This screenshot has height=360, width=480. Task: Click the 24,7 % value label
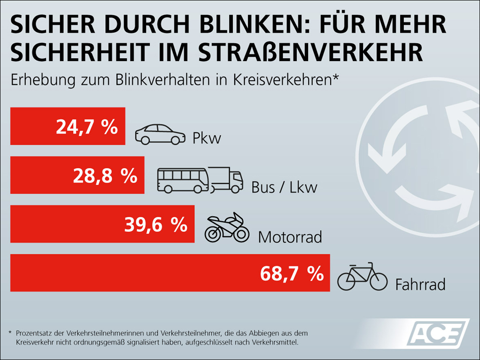(87, 127)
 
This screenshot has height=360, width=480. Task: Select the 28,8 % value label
(105, 176)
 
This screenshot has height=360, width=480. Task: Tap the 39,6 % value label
(156, 225)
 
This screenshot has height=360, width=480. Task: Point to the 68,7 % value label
(292, 273)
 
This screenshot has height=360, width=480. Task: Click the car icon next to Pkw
(160, 134)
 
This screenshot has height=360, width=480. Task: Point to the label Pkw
(207, 138)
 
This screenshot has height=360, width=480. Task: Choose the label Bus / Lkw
(284, 187)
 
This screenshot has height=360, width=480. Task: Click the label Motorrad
(290, 237)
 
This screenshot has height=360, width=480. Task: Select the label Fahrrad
(420, 284)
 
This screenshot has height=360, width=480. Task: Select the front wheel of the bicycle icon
(377, 281)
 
